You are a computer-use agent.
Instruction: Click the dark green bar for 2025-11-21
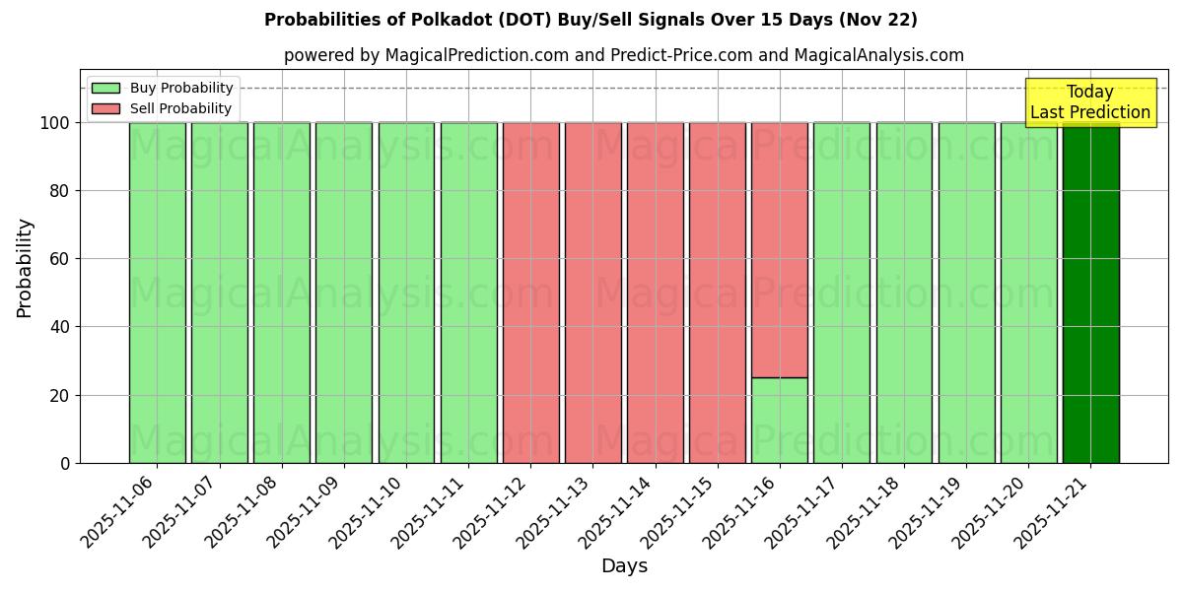pyautogui.click(x=1090, y=293)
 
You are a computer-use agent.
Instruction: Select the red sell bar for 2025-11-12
pyautogui.click(x=530, y=293)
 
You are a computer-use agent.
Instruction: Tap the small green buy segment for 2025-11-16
pyautogui.click(x=780, y=421)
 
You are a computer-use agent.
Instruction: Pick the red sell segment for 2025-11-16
pyautogui.click(x=780, y=250)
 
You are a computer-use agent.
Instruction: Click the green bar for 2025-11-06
pyautogui.click(x=157, y=293)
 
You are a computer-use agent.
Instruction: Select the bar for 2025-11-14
pyautogui.click(x=655, y=293)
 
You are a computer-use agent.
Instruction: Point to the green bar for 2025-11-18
pyautogui.click(x=904, y=293)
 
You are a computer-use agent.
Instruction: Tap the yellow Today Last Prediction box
pyautogui.click(x=1090, y=102)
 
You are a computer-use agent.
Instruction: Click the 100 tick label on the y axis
pyautogui.click(x=54, y=123)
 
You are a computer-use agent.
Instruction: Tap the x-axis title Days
pyautogui.click(x=624, y=566)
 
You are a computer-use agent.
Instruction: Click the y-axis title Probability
pyautogui.click(x=25, y=268)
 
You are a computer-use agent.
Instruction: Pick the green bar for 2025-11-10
pyautogui.click(x=406, y=293)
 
